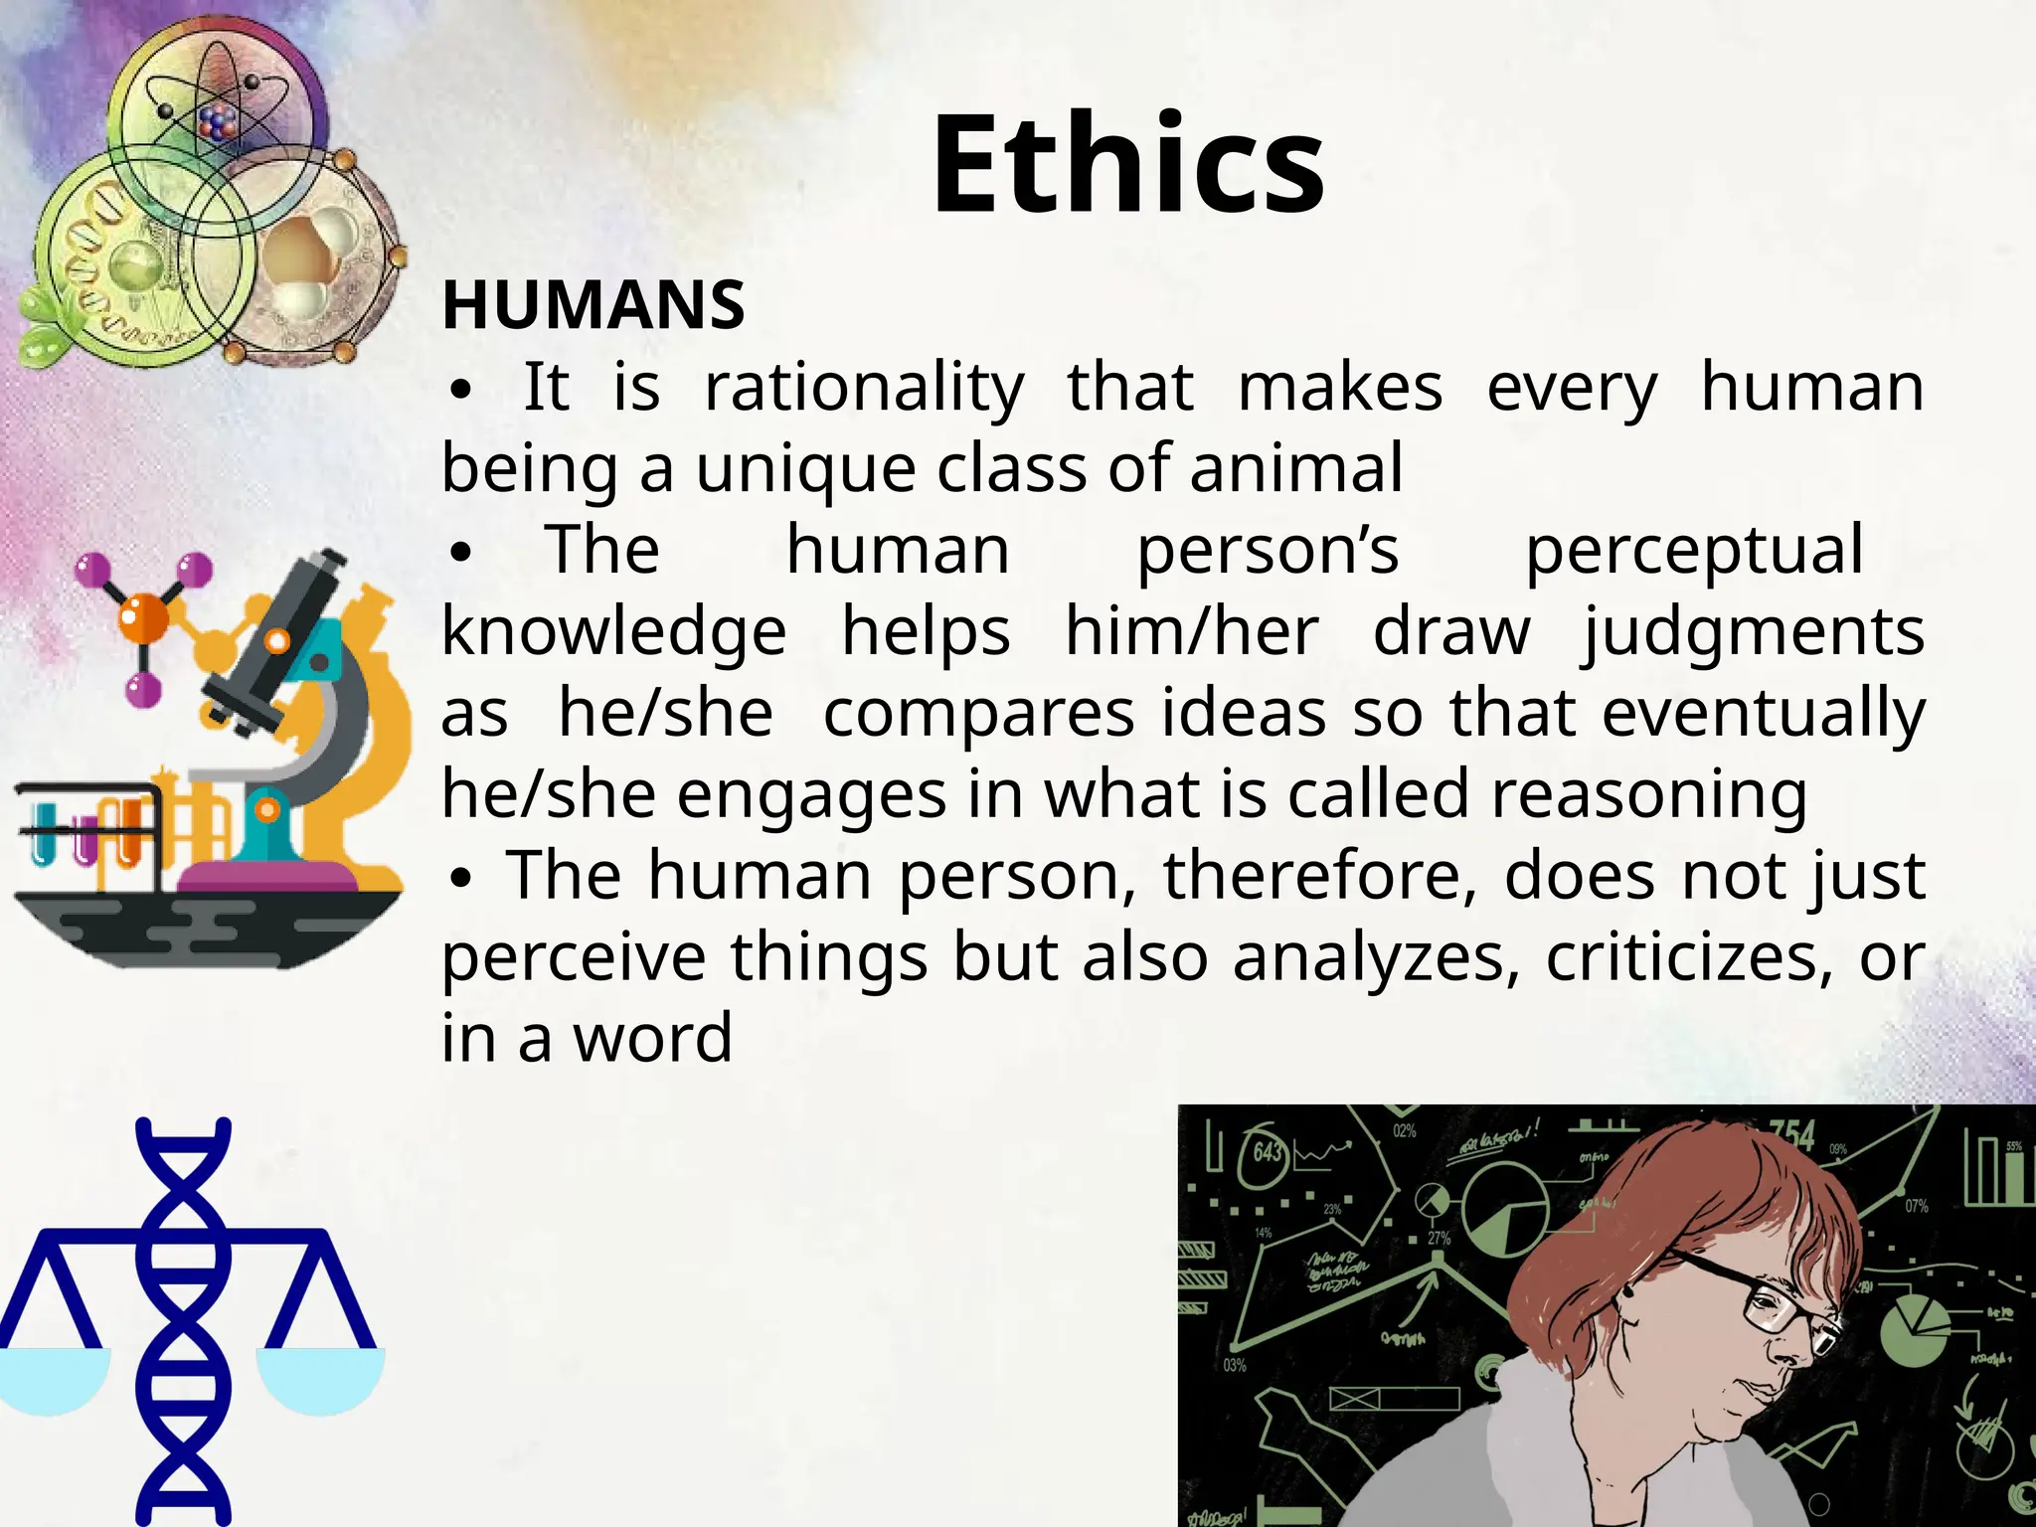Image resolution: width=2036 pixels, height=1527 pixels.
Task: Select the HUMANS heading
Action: click(594, 305)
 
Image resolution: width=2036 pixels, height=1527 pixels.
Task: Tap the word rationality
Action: click(864, 387)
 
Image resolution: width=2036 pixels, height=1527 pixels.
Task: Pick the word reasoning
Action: click(1648, 794)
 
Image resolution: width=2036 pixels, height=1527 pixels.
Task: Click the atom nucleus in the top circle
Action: click(218, 122)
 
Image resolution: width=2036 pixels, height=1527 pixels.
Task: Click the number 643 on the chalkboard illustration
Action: click(1268, 1152)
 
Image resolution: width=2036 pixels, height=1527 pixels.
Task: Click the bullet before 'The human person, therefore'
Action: click(459, 878)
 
